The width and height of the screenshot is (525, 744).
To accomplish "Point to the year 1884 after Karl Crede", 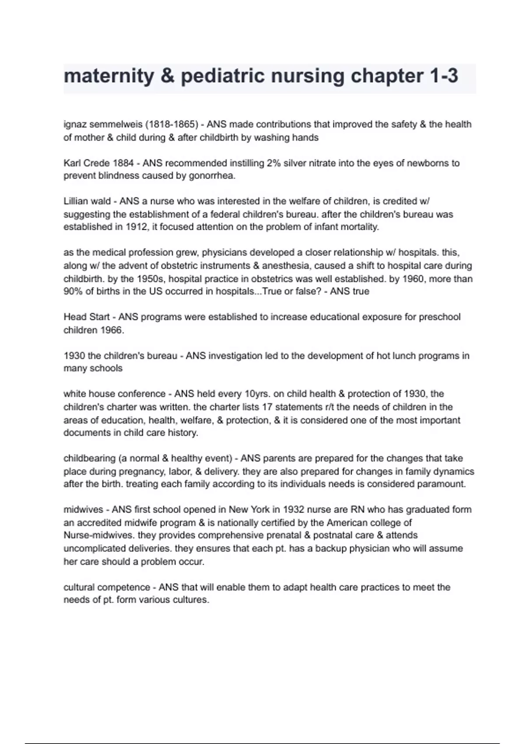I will pyautogui.click(x=123, y=163).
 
